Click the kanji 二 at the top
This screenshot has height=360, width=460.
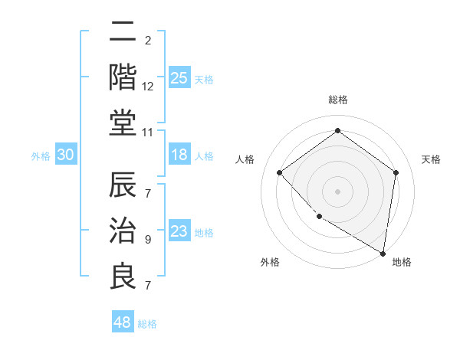click(x=123, y=33)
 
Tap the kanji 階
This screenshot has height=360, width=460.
click(x=123, y=77)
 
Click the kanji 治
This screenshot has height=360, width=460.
click(x=123, y=231)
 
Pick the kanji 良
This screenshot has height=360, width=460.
click(x=123, y=276)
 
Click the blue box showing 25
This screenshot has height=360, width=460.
click(x=179, y=77)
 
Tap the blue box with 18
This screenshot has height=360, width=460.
click(x=179, y=155)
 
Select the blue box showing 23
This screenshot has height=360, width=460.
click(x=179, y=231)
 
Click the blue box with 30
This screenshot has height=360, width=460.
click(x=66, y=155)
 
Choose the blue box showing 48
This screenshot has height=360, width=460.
click(x=123, y=322)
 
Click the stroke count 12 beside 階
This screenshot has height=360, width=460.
click(x=148, y=87)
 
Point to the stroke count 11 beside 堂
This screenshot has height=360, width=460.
click(x=148, y=132)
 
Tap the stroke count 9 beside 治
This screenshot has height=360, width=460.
click(x=148, y=240)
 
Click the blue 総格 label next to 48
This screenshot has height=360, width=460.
click(x=147, y=324)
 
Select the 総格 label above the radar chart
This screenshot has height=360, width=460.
click(x=337, y=100)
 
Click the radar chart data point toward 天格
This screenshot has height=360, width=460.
click(x=396, y=172)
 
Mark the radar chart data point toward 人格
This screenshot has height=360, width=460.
click(x=280, y=172)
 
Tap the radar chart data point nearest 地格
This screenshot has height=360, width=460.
click(x=383, y=252)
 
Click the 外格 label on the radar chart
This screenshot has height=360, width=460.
click(x=270, y=263)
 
